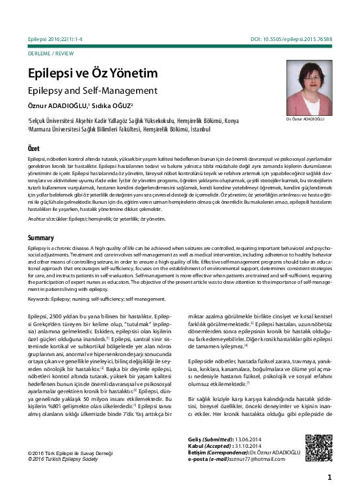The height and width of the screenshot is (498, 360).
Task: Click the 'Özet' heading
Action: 35,148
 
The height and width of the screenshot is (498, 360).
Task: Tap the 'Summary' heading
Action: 40,238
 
